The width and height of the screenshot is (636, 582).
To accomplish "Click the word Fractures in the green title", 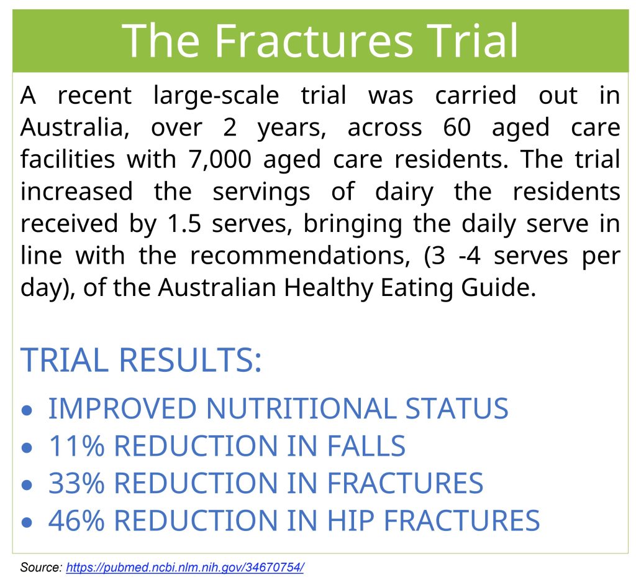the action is [313, 40].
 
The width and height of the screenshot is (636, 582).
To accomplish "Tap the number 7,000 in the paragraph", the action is [219, 159].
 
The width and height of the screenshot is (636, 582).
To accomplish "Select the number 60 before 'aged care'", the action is [457, 127].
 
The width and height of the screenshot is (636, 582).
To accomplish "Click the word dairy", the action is [404, 193].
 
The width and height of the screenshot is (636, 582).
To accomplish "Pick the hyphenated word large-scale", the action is [216, 96].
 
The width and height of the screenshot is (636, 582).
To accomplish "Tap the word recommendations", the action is [300, 256].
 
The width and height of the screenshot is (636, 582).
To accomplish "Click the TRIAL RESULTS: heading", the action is [141, 360].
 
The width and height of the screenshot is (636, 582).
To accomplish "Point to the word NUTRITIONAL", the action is [301, 408].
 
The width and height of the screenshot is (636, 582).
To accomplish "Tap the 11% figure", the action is [76, 446].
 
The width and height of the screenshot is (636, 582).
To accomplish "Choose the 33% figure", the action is [76, 483].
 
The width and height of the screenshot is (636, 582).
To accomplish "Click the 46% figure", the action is [76, 520].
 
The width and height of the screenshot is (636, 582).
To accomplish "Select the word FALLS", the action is [366, 446].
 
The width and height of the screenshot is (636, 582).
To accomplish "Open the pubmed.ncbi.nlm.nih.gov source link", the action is [185, 567].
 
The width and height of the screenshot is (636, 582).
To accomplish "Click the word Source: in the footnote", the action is [41, 567].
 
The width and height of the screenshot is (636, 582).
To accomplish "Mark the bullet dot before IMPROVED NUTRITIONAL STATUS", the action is [27, 410].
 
